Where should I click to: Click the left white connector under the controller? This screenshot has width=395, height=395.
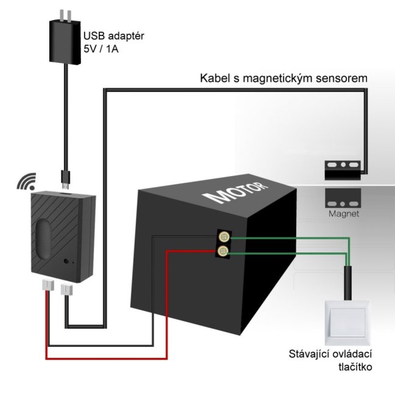48,286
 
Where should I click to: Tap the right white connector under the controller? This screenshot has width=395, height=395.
68,286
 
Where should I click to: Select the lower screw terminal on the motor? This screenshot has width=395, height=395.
224,251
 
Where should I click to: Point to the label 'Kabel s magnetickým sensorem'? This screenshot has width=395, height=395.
284,79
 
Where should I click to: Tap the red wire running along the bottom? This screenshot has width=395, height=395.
104,358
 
